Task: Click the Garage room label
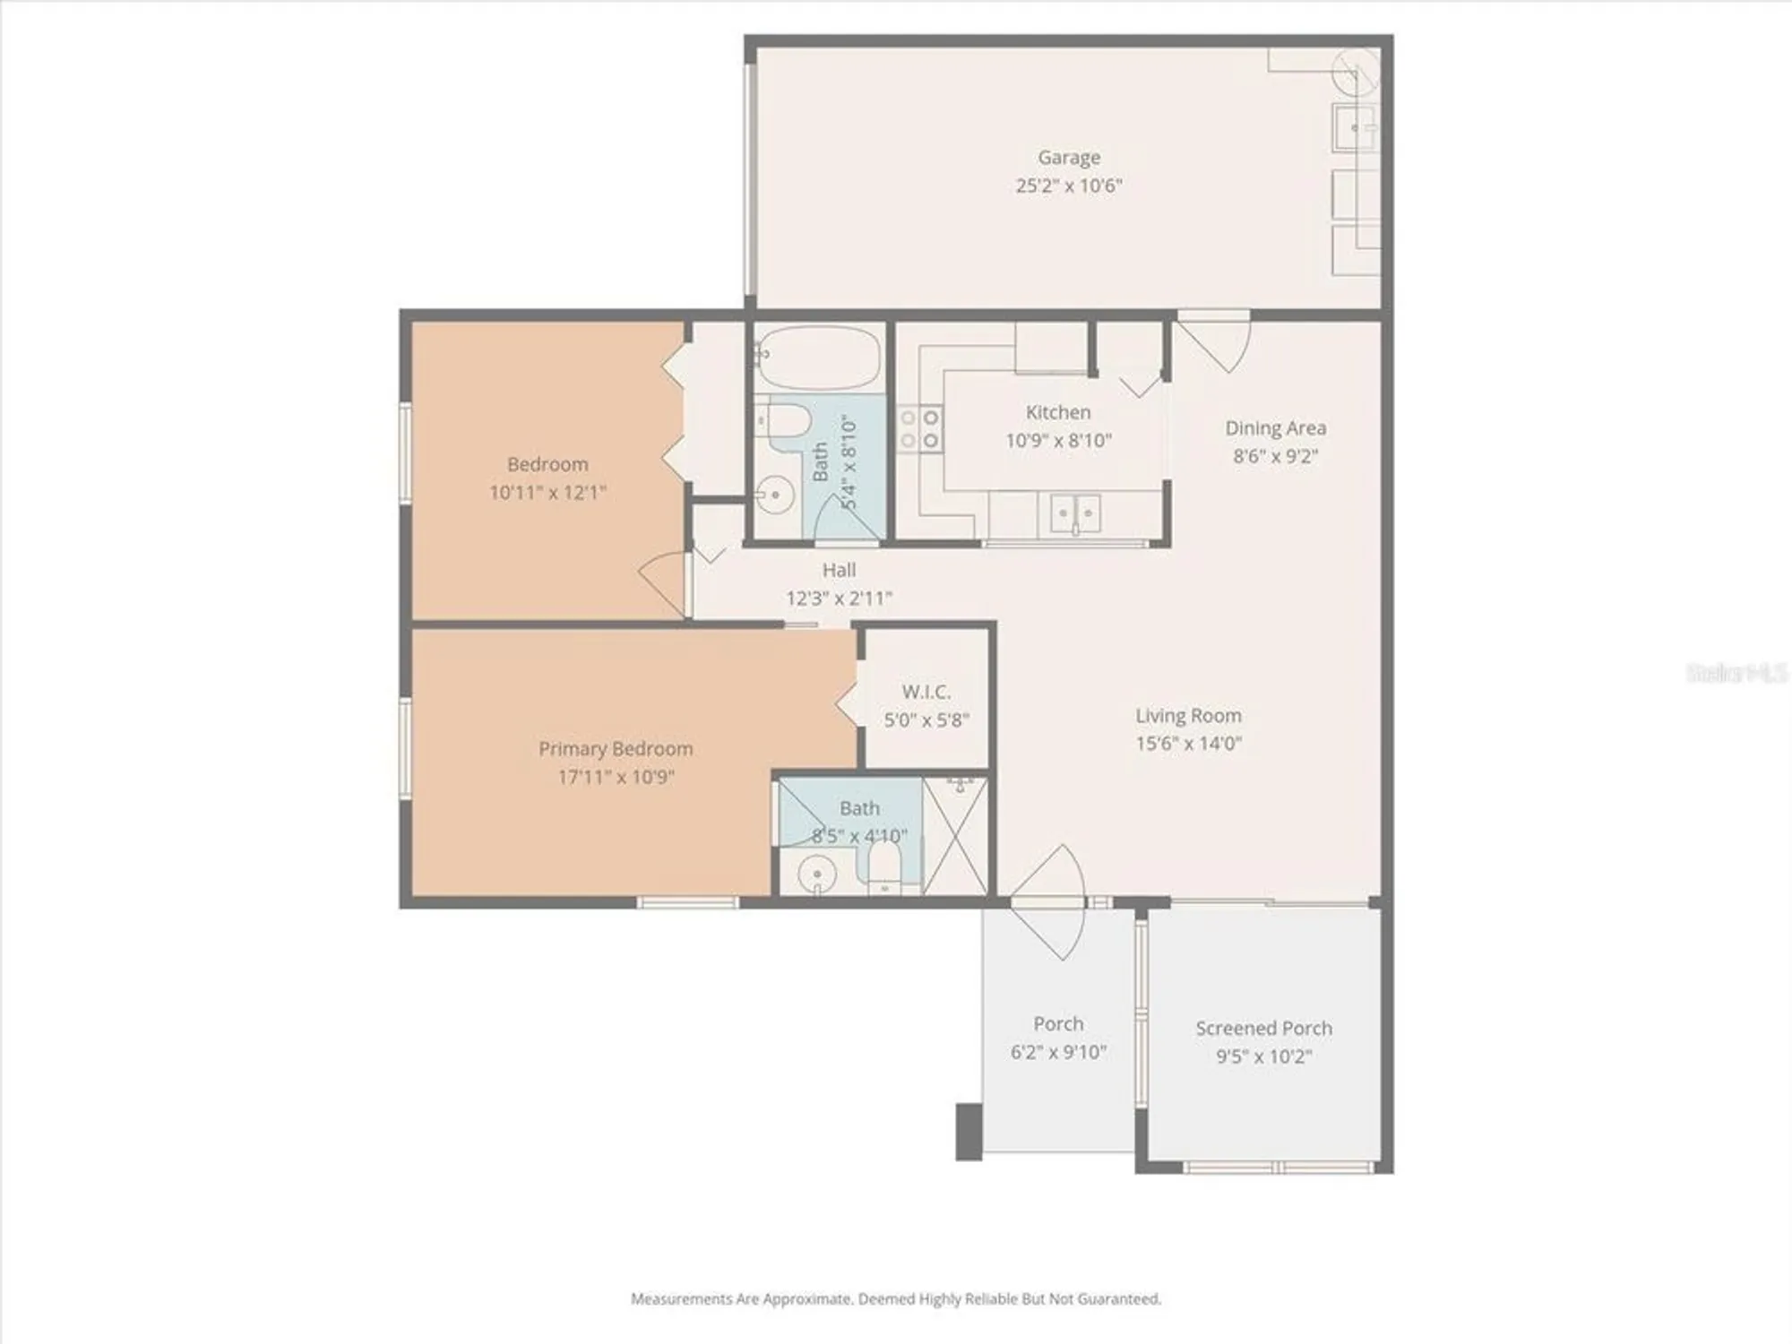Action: tap(1069, 158)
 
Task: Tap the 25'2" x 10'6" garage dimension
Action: tap(1069, 186)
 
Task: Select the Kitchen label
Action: tap(1058, 412)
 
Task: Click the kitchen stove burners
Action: tap(920, 428)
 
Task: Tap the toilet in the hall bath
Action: tap(787, 421)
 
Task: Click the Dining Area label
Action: tap(1275, 428)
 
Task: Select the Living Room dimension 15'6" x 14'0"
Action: tap(1188, 744)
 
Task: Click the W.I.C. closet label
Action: tap(926, 692)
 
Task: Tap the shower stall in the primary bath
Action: tap(955, 835)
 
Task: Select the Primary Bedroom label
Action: tap(616, 749)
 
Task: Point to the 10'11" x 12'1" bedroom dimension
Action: tap(547, 493)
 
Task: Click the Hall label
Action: tap(839, 570)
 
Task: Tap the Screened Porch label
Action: tap(1263, 1029)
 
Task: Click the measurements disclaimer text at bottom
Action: tap(896, 1298)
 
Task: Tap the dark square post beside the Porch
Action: tap(969, 1132)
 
